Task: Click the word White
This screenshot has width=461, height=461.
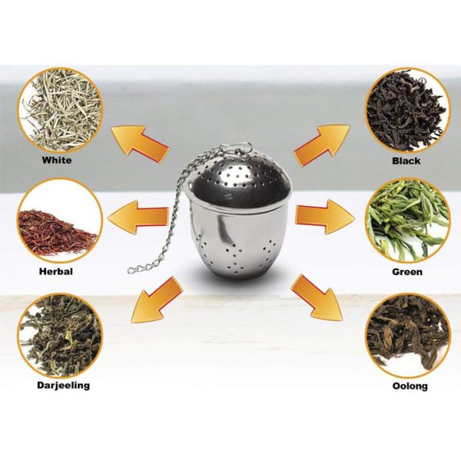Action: [57, 161]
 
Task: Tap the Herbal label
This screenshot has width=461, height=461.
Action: [56, 271]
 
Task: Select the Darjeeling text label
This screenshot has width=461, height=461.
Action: [64, 385]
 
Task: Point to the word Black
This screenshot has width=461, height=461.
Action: [406, 161]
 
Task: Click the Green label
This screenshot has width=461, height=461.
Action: [407, 272]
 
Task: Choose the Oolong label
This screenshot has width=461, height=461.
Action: [410, 386]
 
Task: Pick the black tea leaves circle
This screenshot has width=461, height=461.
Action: [407, 110]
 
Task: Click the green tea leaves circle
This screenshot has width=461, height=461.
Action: [407, 221]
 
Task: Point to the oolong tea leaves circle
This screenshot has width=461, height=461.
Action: [407, 336]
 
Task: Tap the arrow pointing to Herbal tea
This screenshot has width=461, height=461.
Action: [138, 217]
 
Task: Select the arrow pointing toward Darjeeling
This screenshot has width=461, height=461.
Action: [156, 300]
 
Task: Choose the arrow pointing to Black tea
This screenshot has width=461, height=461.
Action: [322, 144]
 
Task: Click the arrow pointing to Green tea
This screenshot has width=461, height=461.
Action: [324, 217]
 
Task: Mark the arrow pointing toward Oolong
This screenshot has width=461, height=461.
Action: [317, 298]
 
